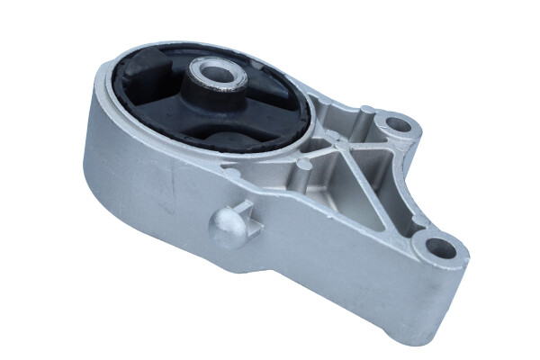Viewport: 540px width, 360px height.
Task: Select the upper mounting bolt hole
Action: (392, 121)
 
